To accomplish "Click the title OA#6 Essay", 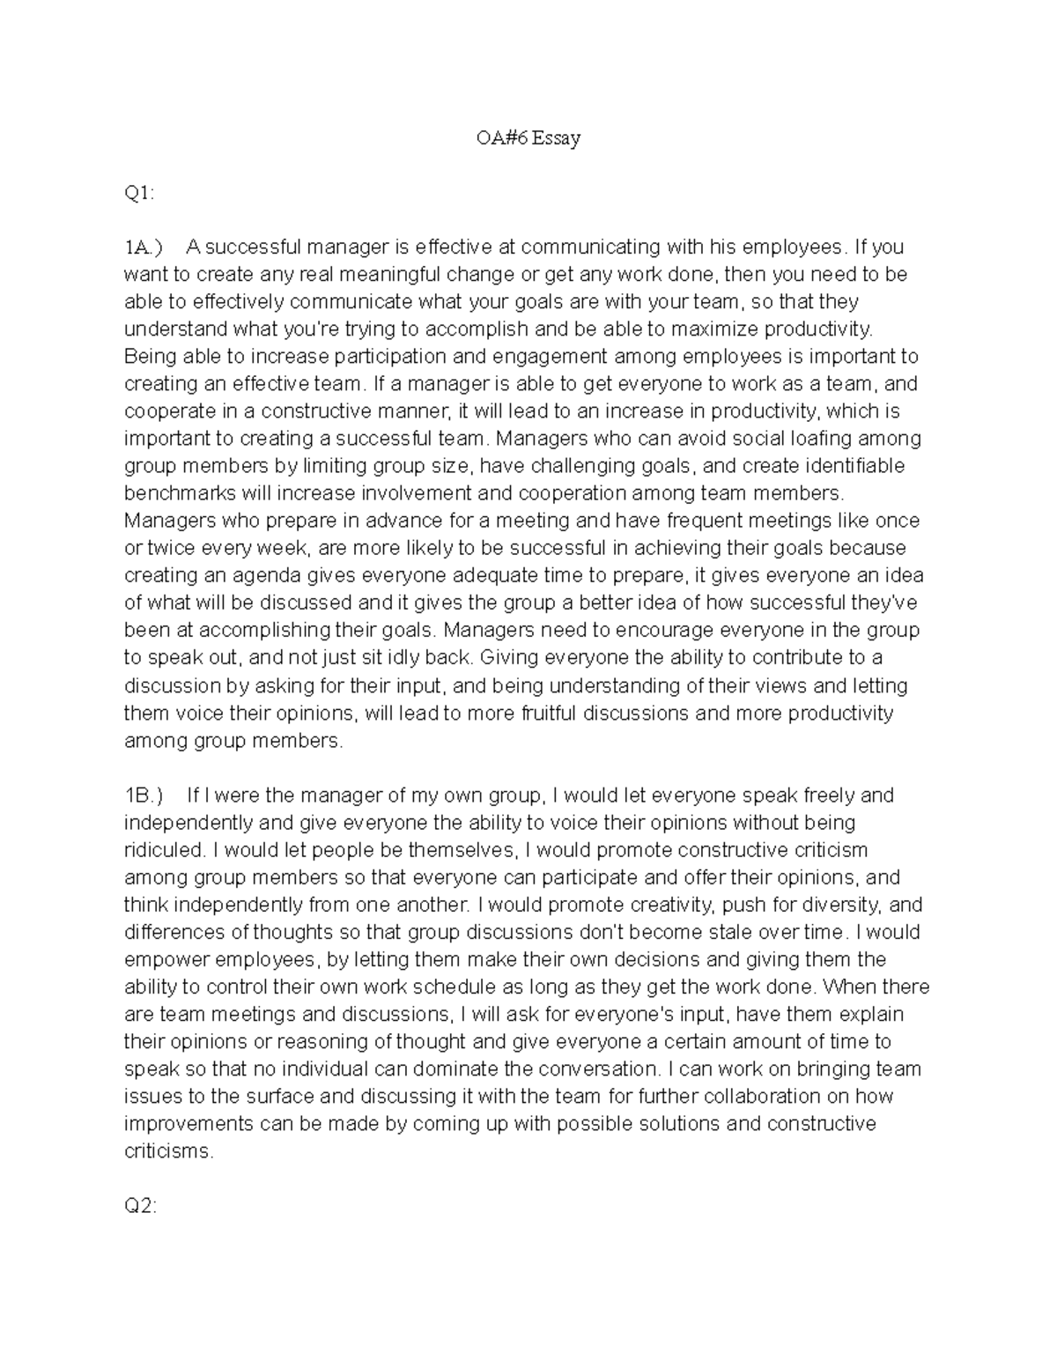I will coord(527,138).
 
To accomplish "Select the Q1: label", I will coord(139,194).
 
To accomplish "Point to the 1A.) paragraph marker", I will coord(144,248).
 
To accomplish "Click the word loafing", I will coord(820,439).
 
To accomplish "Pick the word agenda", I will coord(263,575).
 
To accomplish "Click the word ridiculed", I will coord(163,850).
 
